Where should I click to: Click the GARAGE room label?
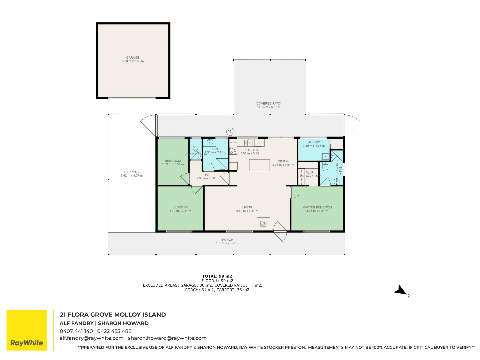click(133, 57)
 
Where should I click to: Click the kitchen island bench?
click(259, 165)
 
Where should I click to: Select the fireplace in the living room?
click(263, 224)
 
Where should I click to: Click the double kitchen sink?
click(248, 143)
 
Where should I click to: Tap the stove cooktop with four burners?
click(233, 150)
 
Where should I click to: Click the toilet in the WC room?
click(196, 144)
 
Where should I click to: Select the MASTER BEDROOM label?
click(317, 207)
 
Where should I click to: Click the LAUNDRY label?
click(314, 142)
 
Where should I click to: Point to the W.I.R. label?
click(310, 173)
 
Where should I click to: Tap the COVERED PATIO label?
click(269, 103)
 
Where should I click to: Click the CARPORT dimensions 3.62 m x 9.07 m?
click(132, 176)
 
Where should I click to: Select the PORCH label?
click(228, 240)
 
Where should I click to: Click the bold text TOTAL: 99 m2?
click(217, 276)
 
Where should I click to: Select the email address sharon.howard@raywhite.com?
click(167, 338)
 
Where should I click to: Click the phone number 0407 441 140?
click(76, 331)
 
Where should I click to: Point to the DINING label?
click(283, 161)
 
